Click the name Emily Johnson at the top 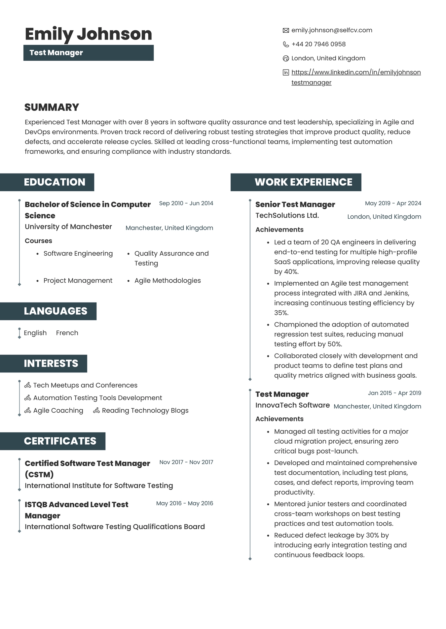point(88,34)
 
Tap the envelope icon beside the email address point(286,30)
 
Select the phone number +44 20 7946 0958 point(318,44)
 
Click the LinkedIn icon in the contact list point(286,72)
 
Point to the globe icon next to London point(286,58)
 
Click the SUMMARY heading point(52,107)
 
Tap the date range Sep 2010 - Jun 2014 point(186,203)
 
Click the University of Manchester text point(68,227)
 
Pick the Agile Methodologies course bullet point(167,280)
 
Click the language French point(67,333)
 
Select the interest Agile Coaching point(58,410)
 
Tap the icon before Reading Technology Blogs point(96,411)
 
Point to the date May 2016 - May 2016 point(184,503)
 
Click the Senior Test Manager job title point(295,204)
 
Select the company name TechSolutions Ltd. point(287,215)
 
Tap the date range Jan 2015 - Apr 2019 point(394,393)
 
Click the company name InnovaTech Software point(292,405)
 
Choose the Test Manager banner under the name point(88,53)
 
